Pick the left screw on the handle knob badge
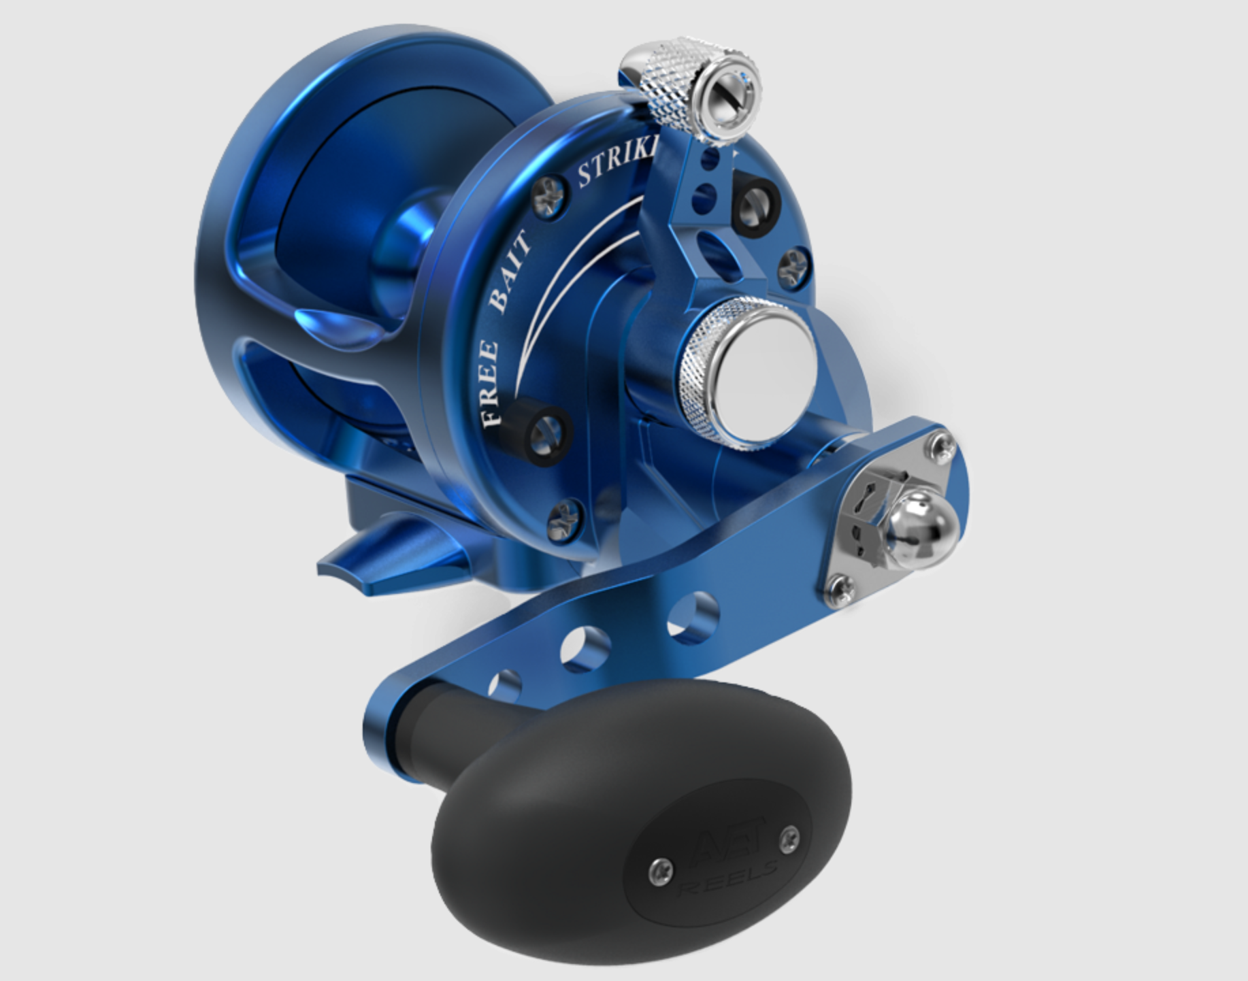(660, 871)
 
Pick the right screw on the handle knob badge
(789, 839)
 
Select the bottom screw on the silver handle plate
(841, 590)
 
